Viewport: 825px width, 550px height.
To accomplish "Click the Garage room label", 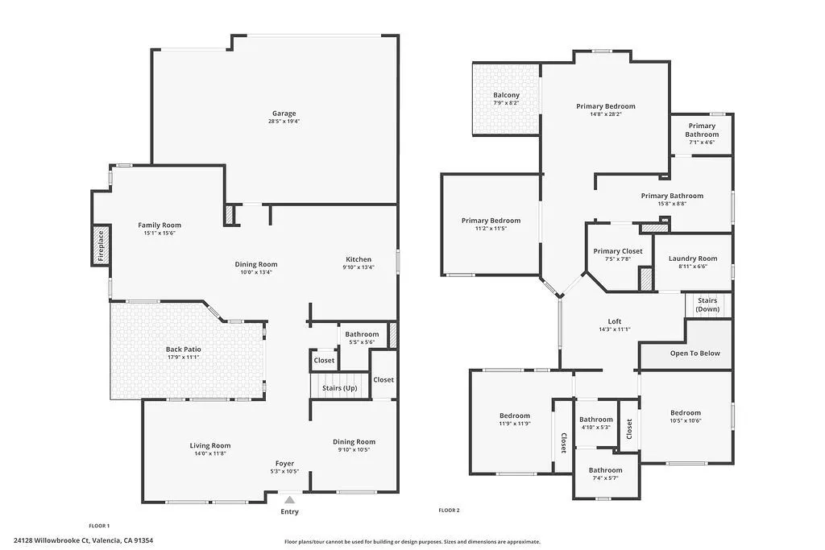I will click(283, 114).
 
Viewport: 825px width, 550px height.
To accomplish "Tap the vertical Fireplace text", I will click(102, 245).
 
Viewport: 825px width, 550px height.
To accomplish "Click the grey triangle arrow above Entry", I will click(289, 500).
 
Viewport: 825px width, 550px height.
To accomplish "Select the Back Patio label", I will click(184, 349).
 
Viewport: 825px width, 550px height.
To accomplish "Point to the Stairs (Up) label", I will click(339, 388).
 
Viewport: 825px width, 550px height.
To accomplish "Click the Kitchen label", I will click(359, 259).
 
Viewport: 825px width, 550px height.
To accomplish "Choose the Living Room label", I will click(210, 445).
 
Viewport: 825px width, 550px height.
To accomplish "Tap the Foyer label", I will click(285, 463).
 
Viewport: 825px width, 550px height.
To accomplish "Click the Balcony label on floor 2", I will click(507, 95).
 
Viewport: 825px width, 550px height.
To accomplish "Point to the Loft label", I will click(614, 321).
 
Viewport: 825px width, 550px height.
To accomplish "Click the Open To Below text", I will click(695, 354).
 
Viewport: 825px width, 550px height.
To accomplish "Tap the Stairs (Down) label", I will click(707, 304).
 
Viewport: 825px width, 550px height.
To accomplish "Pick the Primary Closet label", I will click(618, 251).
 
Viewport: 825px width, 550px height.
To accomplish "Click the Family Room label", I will click(160, 225).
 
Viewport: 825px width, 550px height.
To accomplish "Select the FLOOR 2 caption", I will click(449, 510).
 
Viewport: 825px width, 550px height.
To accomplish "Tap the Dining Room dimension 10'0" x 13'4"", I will click(256, 272).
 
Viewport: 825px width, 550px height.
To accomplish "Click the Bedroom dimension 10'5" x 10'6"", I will click(686, 420).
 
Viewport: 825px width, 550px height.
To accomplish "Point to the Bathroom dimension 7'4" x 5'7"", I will click(605, 478).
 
